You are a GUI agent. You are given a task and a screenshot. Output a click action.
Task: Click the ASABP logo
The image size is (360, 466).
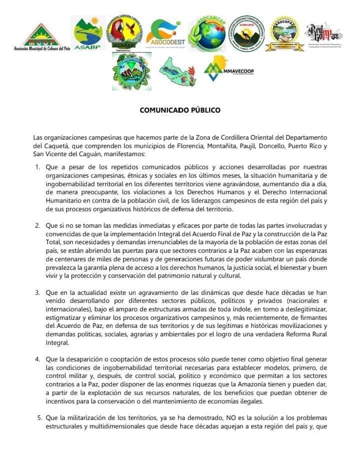(x=90, y=34)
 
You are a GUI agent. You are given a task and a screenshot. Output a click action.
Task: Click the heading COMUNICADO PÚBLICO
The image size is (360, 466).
(x=180, y=110)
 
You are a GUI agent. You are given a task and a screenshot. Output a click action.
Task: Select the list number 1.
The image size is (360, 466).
(x=38, y=166)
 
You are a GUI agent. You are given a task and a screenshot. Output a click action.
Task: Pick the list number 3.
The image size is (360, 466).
(x=38, y=292)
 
